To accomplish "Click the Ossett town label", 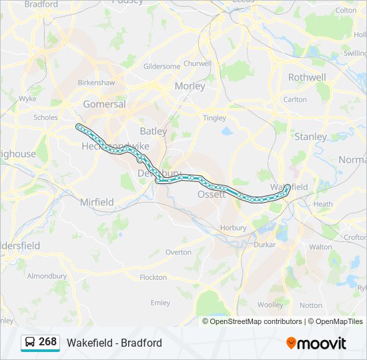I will tap(211, 194).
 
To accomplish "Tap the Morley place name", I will tap(190, 86).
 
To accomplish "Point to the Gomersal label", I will tap(104, 104).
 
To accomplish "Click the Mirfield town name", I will tap(97, 202).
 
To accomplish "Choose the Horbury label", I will tap(234, 227).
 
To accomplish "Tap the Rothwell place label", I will tap(307, 77).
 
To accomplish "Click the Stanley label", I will tap(311, 137).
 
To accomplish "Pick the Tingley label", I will tap(214, 118).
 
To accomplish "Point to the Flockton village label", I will tap(153, 277).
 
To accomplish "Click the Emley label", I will tap(160, 302).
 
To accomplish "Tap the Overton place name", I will tap(178, 252).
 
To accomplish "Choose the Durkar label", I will tap(265, 245).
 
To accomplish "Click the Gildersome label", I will tap(161, 67).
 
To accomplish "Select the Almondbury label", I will tap(47, 275).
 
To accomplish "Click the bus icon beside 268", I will tap(30, 342).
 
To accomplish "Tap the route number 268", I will tap(48, 342).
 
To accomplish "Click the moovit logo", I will tap(316, 343).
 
